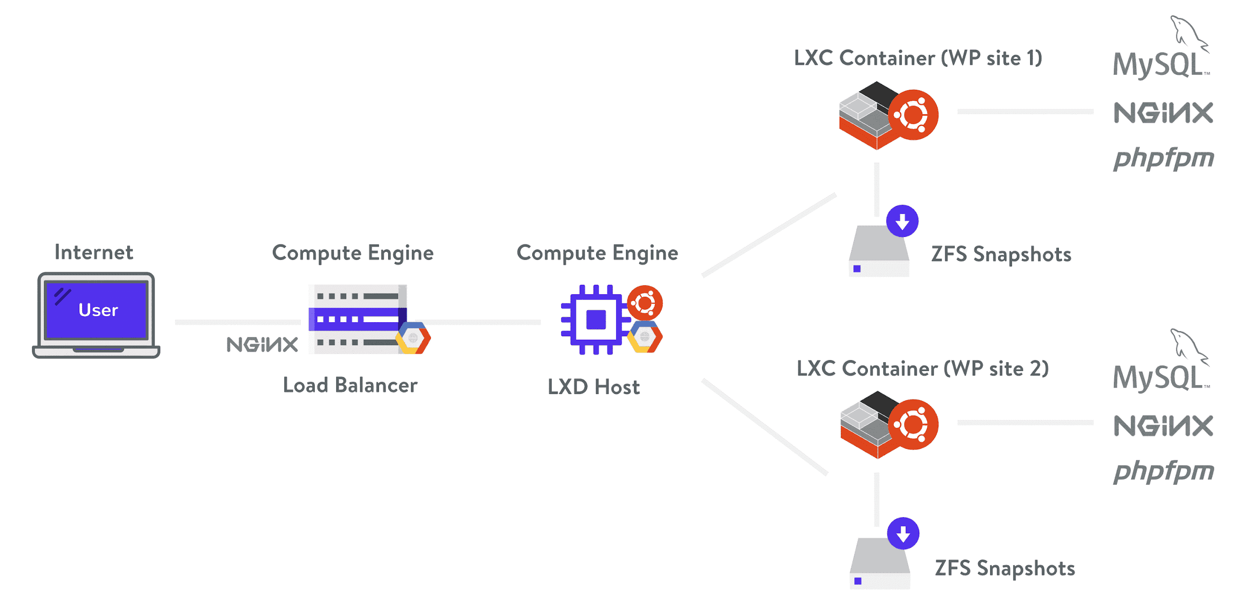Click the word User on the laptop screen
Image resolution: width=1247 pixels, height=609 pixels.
click(98, 310)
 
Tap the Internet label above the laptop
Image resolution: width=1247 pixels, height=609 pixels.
click(94, 252)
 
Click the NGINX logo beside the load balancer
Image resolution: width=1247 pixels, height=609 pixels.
click(262, 345)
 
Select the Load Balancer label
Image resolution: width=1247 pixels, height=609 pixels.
click(350, 385)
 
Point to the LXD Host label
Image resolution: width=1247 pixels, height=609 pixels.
click(594, 387)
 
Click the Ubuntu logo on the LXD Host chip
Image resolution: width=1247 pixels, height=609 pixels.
click(645, 303)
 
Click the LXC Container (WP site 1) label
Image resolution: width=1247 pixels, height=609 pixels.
click(918, 58)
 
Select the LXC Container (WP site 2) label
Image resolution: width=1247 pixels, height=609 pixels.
click(923, 369)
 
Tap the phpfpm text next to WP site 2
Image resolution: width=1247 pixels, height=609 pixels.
click(1164, 471)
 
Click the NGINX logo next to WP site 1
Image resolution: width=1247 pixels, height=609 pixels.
click(1163, 113)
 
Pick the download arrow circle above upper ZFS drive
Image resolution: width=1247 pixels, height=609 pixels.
click(902, 221)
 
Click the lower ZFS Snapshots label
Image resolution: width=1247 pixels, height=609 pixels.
click(1005, 569)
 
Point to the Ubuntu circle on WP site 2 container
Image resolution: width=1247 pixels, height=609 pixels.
click(913, 424)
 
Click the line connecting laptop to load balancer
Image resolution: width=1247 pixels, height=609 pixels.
click(238, 322)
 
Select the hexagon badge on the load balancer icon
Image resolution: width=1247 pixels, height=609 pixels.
click(413, 338)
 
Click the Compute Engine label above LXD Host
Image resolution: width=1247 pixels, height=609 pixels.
click(598, 253)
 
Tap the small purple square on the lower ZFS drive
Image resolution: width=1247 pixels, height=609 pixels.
click(858, 581)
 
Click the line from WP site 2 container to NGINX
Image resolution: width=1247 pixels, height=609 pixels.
click(1026, 422)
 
